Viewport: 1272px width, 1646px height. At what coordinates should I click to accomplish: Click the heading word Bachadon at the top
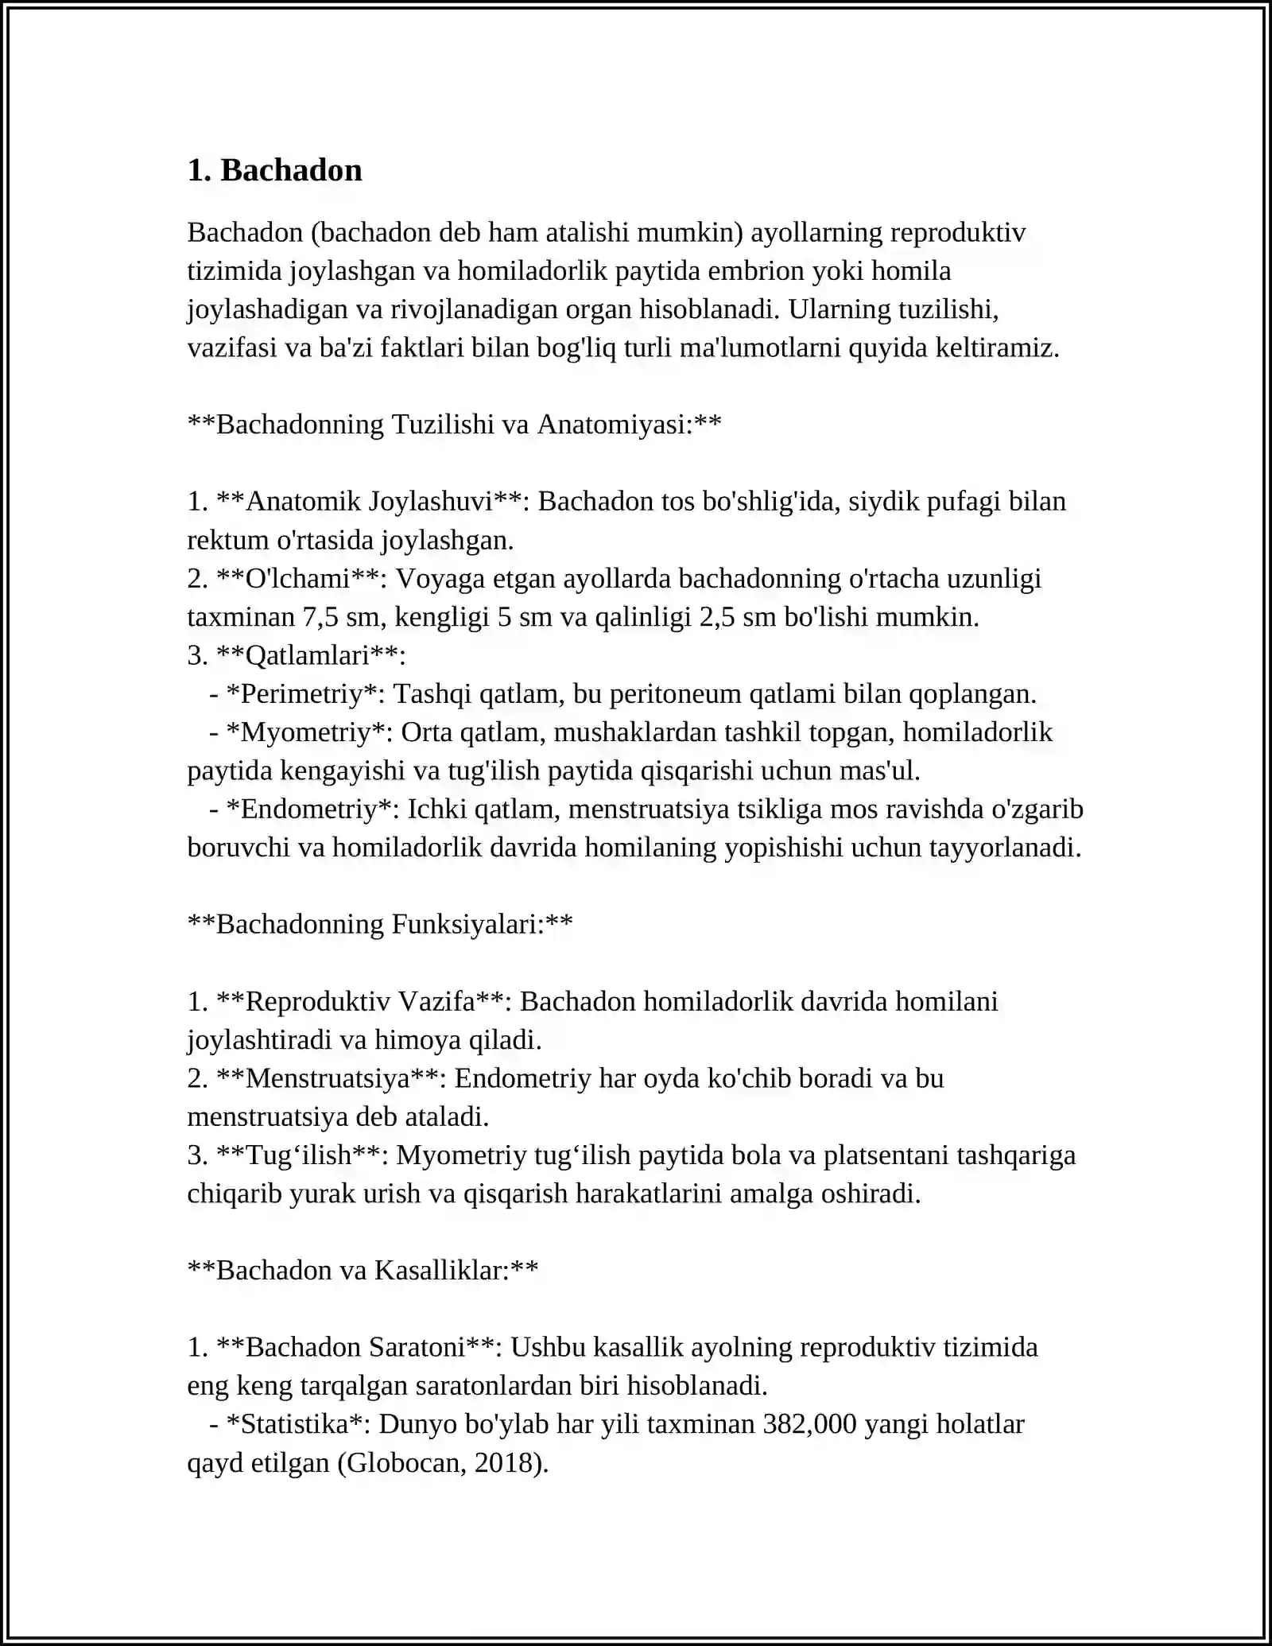[291, 170]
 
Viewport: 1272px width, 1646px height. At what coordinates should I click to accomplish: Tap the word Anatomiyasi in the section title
[612, 425]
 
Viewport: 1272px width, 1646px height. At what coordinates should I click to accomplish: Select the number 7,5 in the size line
[320, 617]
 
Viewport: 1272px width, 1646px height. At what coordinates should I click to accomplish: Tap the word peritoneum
[675, 694]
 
